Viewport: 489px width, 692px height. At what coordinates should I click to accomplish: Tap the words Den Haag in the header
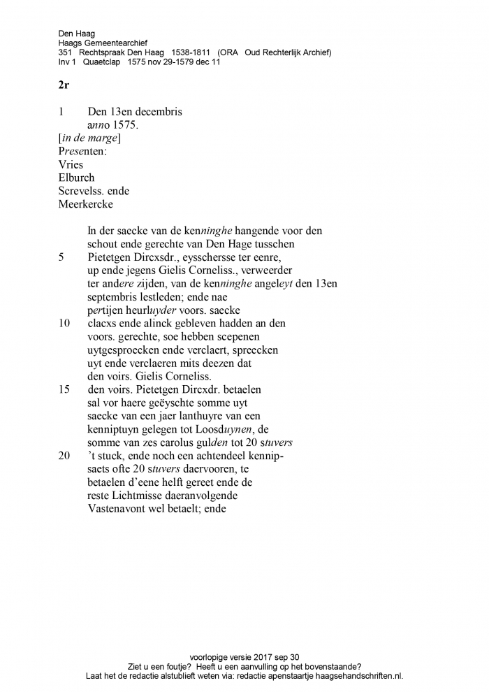point(77,33)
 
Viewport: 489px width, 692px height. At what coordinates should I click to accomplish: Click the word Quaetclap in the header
point(102,62)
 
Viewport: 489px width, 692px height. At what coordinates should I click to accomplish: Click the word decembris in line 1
point(159,112)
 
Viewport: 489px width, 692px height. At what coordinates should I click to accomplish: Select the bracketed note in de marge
point(89,138)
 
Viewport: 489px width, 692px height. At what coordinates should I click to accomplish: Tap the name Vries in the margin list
point(71,165)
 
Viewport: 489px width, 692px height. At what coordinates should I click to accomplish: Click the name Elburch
point(76,178)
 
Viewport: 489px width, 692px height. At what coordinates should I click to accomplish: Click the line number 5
point(61,257)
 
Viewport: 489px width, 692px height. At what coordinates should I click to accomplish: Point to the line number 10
point(64,323)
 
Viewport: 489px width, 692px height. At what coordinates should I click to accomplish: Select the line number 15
point(64,389)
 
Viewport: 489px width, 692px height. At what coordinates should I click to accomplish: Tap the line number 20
point(64,456)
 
